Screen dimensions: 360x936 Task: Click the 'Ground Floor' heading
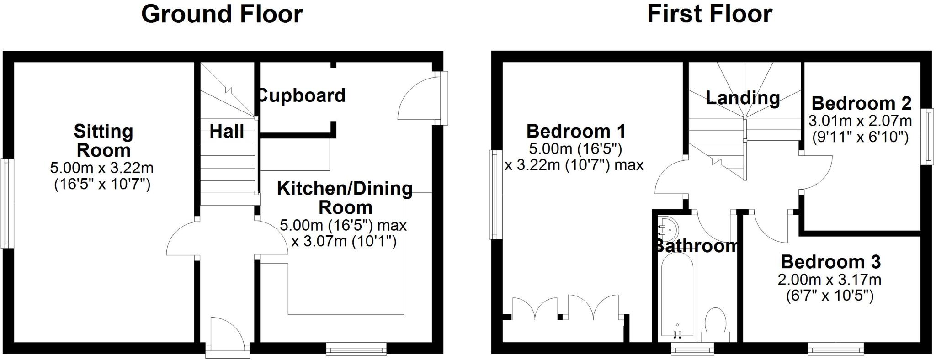point(222,14)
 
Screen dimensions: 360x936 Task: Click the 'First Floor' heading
point(709,14)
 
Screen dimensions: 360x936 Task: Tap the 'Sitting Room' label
point(104,141)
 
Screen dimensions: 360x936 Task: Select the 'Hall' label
point(227,132)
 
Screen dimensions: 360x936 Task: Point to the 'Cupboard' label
point(302,95)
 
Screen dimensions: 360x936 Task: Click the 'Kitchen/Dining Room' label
point(345,197)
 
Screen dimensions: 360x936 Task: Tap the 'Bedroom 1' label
point(576,131)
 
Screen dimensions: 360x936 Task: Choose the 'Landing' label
point(743,97)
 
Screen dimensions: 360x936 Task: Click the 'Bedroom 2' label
point(861,103)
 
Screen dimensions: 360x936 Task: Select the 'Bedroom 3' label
point(830,262)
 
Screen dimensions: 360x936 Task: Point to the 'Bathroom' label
point(696,246)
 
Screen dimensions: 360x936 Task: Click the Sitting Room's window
point(6,203)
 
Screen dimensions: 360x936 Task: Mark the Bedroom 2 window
point(929,136)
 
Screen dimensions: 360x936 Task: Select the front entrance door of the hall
point(227,338)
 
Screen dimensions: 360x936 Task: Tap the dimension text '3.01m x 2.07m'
point(860,121)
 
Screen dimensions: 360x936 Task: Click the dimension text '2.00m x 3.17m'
point(830,279)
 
